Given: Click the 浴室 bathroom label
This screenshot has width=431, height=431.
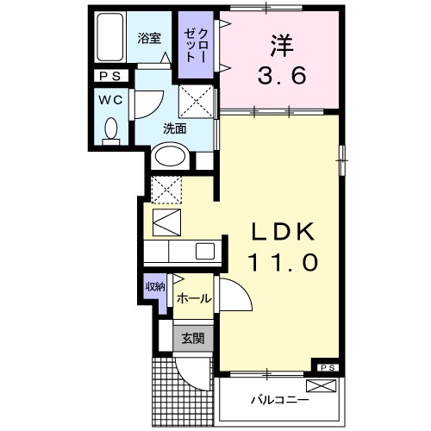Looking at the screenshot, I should tap(150, 38).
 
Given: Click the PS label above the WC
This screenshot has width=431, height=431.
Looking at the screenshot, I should tap(110, 77).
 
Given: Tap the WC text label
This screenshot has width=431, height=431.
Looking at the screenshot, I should tap(109, 98).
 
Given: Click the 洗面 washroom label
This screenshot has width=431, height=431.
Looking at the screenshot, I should tap(176, 129).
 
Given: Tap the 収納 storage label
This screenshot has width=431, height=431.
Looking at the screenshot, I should tap(154, 287).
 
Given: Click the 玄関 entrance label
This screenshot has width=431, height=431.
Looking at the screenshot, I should tap(192, 338).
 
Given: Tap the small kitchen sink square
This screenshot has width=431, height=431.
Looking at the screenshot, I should tap(205, 252).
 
